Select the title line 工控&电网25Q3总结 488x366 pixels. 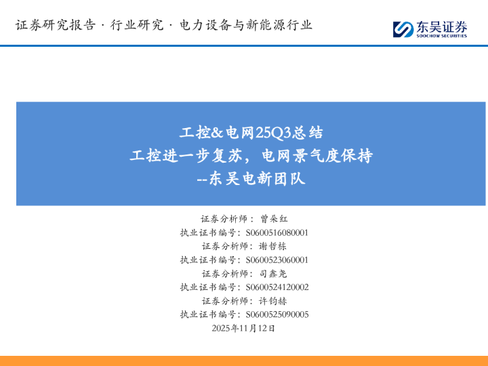pos(251,131)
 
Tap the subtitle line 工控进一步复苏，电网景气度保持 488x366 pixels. pos(251,155)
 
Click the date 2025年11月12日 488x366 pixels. pos(244,328)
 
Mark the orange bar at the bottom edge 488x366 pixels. pos(244,360)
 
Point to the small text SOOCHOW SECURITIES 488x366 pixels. pos(442,36)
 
